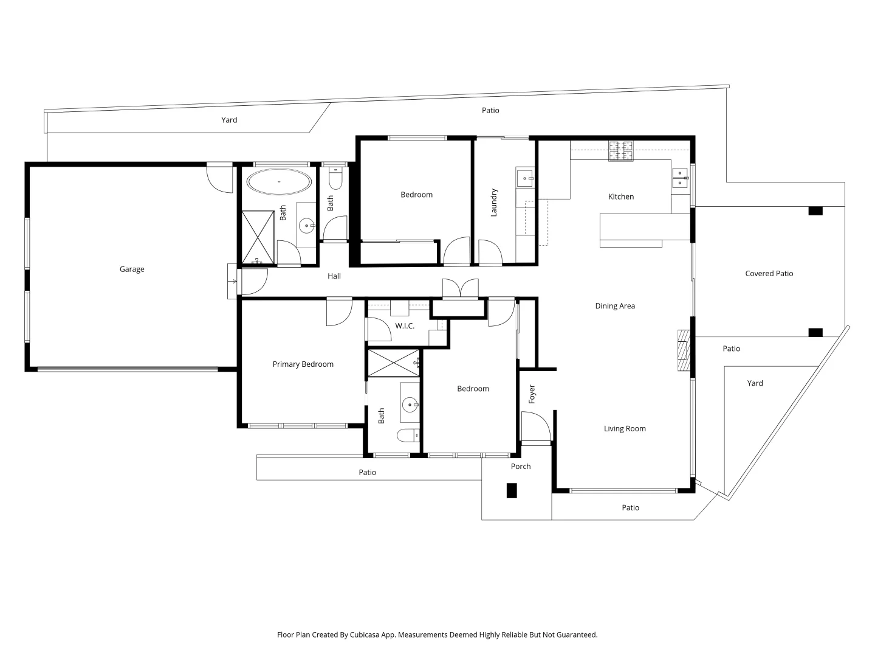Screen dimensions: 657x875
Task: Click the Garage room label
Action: [x=132, y=269]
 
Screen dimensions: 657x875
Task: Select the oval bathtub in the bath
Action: [x=279, y=182]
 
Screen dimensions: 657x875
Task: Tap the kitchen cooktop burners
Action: [x=621, y=150]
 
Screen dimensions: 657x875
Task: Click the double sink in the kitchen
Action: [x=679, y=178]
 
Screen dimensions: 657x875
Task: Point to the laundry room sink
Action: [x=524, y=178]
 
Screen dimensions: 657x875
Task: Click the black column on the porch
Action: [x=512, y=490]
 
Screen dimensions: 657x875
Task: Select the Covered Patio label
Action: [x=769, y=274]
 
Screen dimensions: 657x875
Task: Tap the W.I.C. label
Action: [x=405, y=326]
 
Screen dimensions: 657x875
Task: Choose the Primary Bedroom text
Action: [x=303, y=364]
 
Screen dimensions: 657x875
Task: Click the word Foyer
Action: [x=532, y=394]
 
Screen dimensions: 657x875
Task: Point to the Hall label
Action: [x=334, y=276]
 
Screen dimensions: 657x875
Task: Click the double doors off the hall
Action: [x=460, y=289]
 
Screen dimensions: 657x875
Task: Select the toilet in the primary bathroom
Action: [x=408, y=435]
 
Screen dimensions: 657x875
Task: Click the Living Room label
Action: [x=625, y=429]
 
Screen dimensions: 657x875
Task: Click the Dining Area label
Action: [x=615, y=306]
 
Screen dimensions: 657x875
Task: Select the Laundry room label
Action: [x=494, y=203]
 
